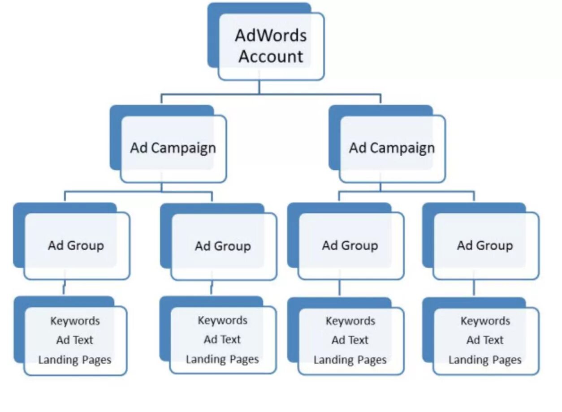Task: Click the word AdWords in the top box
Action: pyautogui.click(x=271, y=36)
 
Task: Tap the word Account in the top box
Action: pyautogui.click(x=271, y=56)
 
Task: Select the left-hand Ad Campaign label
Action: pyautogui.click(x=173, y=148)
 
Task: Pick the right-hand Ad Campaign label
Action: pyautogui.click(x=392, y=148)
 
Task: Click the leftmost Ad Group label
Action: pyautogui.click(x=76, y=245)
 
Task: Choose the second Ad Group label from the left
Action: pyautogui.click(x=223, y=246)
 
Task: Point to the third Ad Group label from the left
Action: pyautogui.click(x=350, y=245)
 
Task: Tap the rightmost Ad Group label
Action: pyautogui.click(x=484, y=245)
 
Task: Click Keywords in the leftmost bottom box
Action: pyautogui.click(x=75, y=321)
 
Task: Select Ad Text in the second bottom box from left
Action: pyautogui.click(x=222, y=339)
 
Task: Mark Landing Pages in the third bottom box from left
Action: pyautogui.click(x=350, y=360)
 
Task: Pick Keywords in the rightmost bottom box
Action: pyautogui.click(x=485, y=321)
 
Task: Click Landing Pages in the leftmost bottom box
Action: pyautogui.click(x=74, y=360)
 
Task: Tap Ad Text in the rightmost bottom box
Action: pyautogui.click(x=485, y=340)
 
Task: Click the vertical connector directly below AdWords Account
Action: pyautogui.click(x=259, y=87)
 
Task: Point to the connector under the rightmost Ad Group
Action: pyautogui.click(x=474, y=288)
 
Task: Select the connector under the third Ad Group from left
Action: pyautogui.click(x=339, y=288)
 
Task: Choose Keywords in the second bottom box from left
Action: pyautogui.click(x=223, y=321)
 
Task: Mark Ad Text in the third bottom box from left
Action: pyautogui.click(x=350, y=340)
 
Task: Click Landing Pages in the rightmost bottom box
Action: pyautogui.click(x=485, y=360)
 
